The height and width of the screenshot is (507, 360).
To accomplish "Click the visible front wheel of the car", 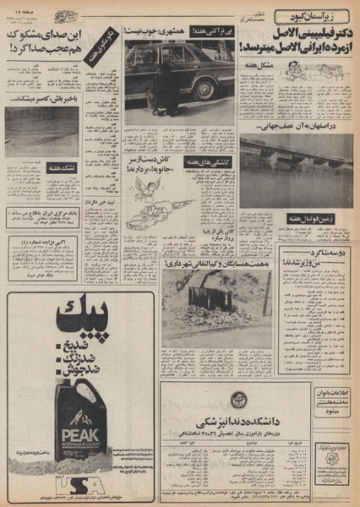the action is [x=203, y=88].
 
